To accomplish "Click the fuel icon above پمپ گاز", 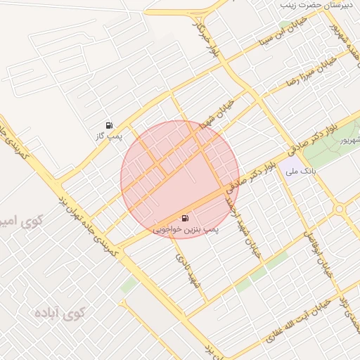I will pos(109,124).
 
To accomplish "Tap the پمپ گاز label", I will pos(110,135).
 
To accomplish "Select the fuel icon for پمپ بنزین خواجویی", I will pos(185,219).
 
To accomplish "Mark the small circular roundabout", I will pos(341,208).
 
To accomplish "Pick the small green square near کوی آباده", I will pos(128,285).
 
